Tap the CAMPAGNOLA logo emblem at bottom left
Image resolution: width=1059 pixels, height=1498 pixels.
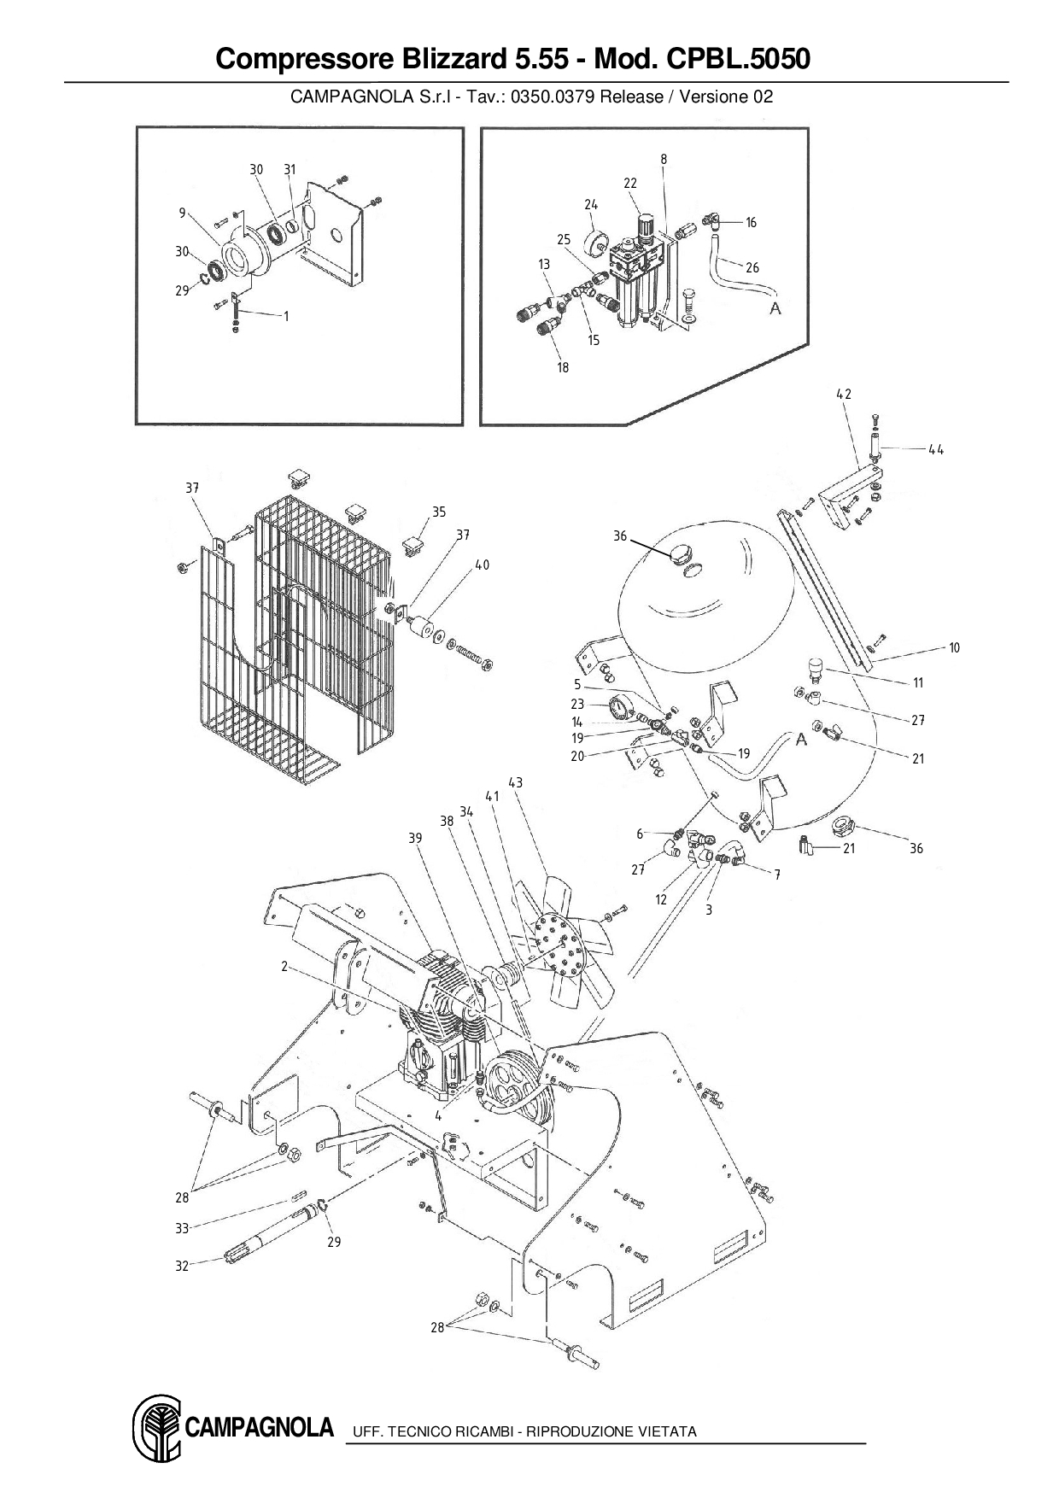[x=156, y=1427]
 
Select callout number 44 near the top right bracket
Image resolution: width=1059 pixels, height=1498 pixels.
[x=936, y=449]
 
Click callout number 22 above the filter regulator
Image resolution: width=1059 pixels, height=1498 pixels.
[x=630, y=183]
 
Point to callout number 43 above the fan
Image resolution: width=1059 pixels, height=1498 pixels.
[x=515, y=782]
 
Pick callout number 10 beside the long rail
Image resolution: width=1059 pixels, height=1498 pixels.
[x=954, y=647]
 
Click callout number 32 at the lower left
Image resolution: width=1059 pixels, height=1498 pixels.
[x=182, y=1266]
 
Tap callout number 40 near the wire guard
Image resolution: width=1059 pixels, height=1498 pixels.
[x=483, y=565]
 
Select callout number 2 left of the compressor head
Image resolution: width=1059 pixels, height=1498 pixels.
[x=284, y=966]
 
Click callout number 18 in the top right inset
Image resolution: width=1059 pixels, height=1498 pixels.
[x=563, y=367]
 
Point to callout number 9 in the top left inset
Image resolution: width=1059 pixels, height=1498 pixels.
[x=182, y=213]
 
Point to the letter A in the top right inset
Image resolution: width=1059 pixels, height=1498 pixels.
[x=775, y=307]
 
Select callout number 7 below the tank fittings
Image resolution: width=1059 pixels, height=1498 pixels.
[x=777, y=875]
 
